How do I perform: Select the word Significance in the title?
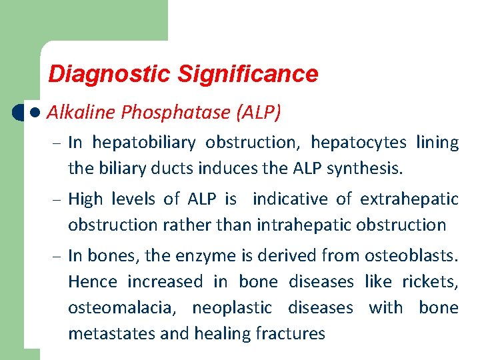(247, 74)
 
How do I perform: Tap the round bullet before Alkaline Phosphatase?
(35, 113)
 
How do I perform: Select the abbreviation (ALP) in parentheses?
(258, 113)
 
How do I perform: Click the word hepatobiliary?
(143, 142)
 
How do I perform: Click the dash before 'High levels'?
(58, 199)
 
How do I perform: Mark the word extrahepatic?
(409, 199)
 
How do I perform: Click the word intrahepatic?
(301, 225)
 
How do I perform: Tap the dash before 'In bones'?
(58, 255)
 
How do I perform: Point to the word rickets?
(435, 281)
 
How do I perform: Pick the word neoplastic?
(232, 308)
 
